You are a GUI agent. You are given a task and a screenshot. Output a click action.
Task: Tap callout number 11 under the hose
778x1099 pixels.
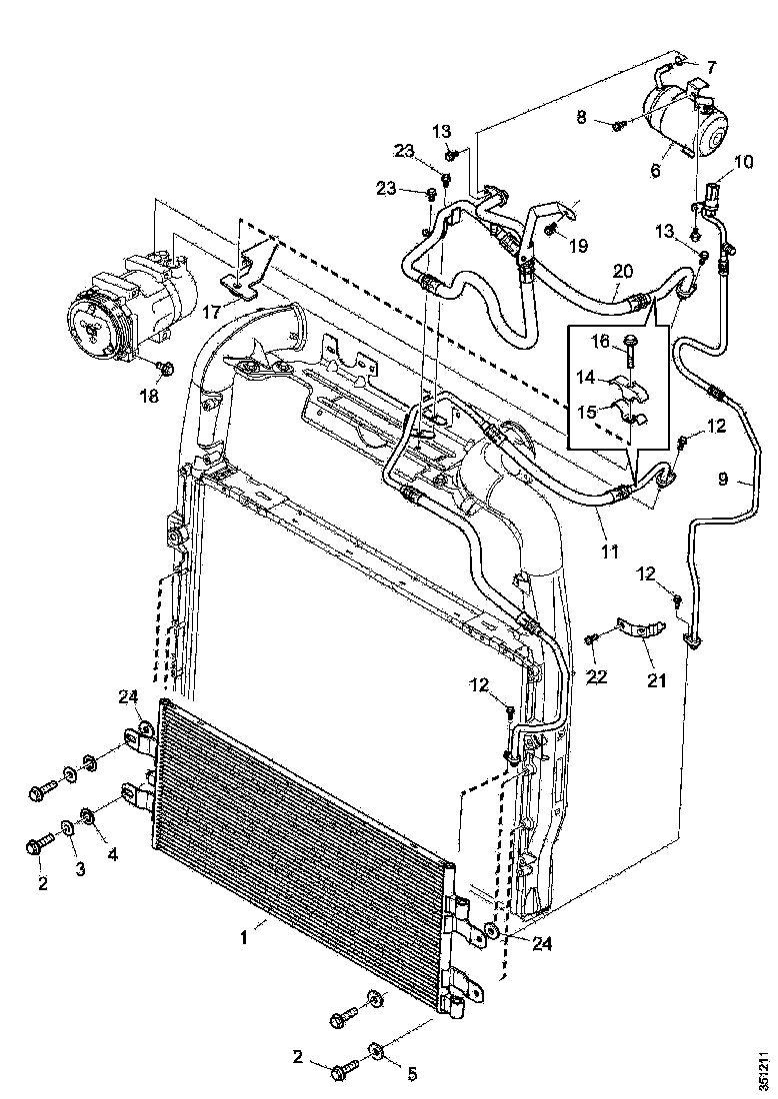(x=609, y=549)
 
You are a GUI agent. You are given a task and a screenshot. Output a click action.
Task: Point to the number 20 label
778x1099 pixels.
(x=623, y=271)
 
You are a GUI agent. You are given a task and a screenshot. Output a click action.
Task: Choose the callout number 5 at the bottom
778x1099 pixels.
(x=411, y=1075)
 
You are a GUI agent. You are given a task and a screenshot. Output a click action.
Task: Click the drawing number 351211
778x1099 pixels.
(x=763, y=1068)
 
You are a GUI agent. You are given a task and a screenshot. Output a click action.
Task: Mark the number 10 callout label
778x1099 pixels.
(x=743, y=161)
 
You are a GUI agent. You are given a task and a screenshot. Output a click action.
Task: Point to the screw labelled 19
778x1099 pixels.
(x=551, y=231)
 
